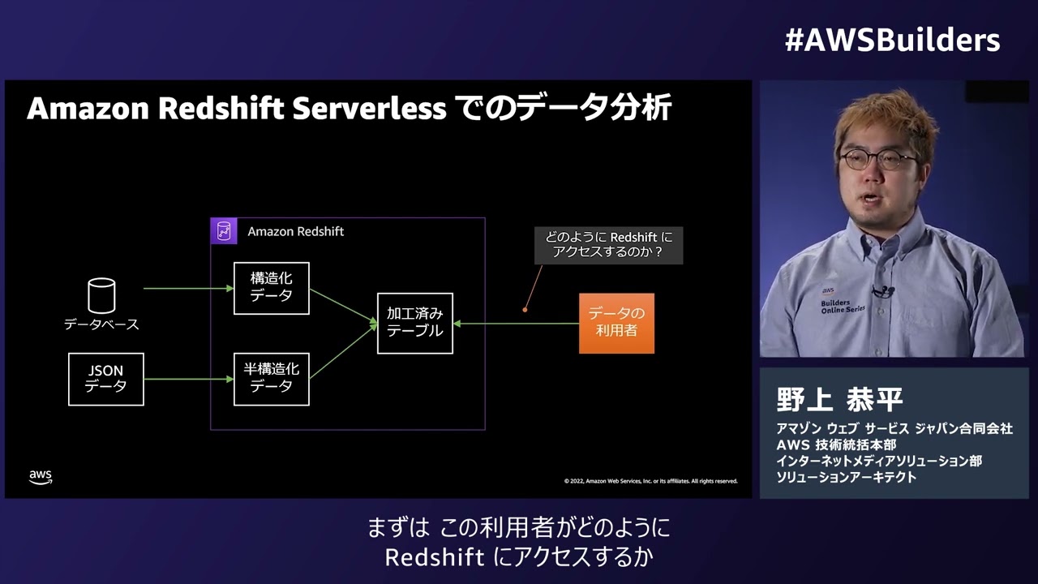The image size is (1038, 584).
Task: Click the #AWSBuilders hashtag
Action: (892, 40)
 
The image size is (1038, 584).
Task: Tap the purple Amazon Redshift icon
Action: (223, 231)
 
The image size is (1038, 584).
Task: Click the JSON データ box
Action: (106, 379)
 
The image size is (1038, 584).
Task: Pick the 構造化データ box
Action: (271, 288)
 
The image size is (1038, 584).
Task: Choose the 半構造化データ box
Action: (271, 379)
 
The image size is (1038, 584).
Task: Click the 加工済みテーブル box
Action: (415, 323)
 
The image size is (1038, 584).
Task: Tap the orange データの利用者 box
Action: (616, 323)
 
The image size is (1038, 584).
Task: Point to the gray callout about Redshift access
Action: (608, 245)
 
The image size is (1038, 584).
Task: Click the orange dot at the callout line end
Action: (525, 309)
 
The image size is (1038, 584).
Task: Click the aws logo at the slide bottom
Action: (41, 477)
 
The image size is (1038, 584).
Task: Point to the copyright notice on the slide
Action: (650, 481)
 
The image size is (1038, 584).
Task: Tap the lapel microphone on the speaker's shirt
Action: (882, 290)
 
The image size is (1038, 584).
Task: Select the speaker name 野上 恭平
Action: (839, 399)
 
